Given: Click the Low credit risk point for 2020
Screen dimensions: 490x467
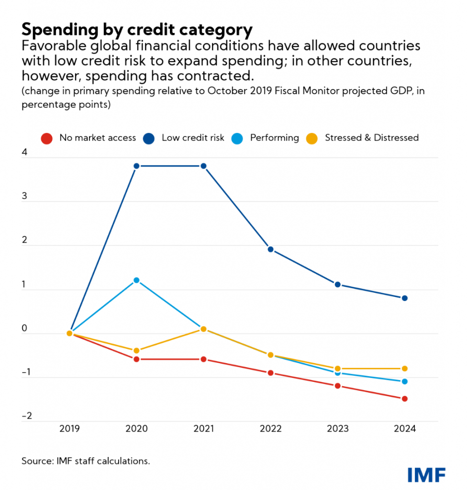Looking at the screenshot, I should tap(136, 166).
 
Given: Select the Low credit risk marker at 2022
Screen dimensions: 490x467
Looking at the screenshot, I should tap(270, 249).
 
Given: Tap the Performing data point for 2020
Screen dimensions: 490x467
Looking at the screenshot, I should tap(136, 280).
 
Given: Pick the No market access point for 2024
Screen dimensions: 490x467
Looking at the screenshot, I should tap(404, 399).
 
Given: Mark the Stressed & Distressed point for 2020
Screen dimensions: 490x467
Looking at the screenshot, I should tap(136, 351).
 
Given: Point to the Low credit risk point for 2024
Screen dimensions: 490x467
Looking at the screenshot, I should tap(404, 298).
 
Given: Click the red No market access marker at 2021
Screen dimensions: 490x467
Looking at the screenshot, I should tap(203, 359).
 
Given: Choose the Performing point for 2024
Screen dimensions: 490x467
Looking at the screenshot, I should tap(404, 381).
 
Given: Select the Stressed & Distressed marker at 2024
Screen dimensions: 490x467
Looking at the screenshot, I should tap(404, 368).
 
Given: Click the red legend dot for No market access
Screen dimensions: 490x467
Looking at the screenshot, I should tap(45, 138).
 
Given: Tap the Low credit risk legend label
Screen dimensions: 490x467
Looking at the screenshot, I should tap(193, 138).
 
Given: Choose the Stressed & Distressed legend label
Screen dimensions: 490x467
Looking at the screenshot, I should tap(372, 138).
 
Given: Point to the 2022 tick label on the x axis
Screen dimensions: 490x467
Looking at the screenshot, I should tap(270, 429).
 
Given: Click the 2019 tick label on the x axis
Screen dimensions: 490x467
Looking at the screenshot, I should tap(69, 429).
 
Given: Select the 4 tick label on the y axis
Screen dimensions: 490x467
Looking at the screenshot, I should tap(24, 154).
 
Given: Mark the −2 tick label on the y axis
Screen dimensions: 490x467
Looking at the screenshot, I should tap(26, 416).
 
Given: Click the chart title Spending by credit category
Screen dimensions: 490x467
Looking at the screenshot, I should tap(137, 30).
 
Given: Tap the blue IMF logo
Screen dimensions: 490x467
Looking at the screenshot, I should tap(426, 475).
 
